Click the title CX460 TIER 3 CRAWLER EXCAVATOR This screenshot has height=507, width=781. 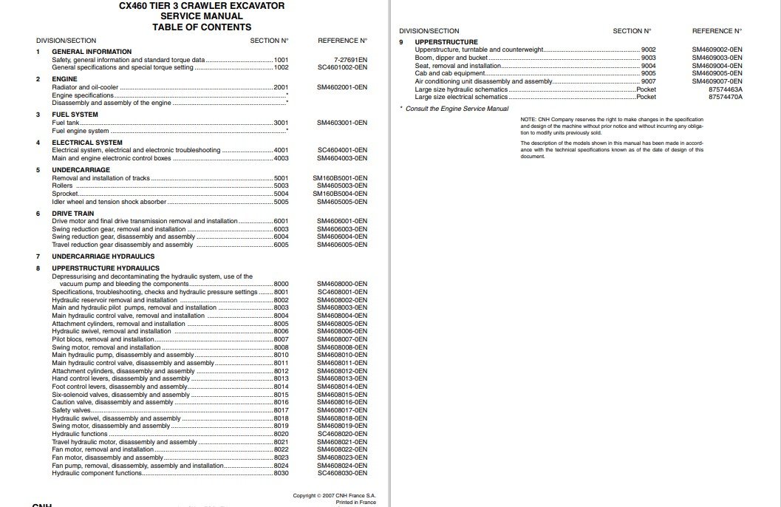(202, 6)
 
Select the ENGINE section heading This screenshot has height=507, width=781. (64, 79)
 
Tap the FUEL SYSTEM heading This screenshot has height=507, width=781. (75, 115)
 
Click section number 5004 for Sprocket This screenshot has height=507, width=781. (281, 194)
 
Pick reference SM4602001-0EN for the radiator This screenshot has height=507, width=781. (342, 87)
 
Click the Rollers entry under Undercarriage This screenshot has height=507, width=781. (62, 186)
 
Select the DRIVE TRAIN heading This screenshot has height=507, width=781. (72, 213)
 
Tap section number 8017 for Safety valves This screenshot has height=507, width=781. (281, 410)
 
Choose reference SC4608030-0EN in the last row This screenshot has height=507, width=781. (342, 473)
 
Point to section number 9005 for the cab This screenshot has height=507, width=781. (648, 73)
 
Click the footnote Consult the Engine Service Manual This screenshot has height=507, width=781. (457, 109)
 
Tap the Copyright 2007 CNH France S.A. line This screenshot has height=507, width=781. (334, 495)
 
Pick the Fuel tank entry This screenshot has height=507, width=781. (66, 123)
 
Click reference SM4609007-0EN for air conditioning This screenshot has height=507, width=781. (717, 81)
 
